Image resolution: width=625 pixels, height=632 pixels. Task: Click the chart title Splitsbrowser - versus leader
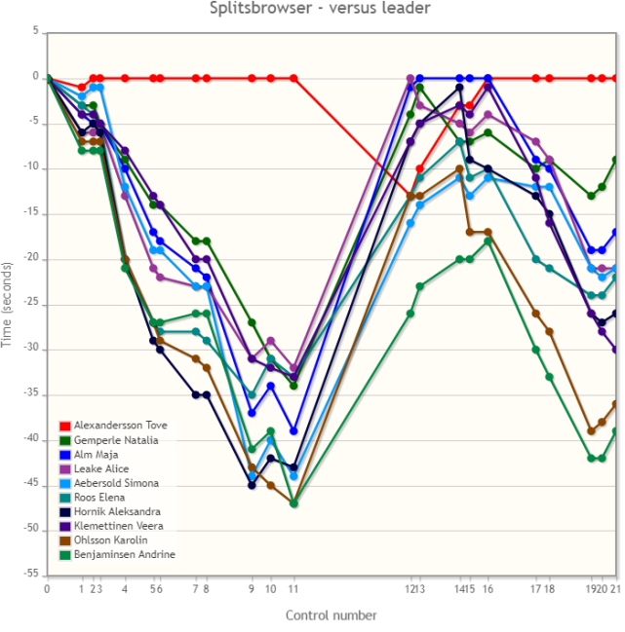tap(320, 9)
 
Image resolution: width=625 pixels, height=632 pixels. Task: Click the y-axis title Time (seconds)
tap(9, 304)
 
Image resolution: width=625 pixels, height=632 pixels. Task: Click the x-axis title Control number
tap(331, 614)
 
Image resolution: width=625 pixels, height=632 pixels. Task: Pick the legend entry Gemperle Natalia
tap(116, 440)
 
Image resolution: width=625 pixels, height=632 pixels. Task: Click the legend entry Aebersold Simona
tap(116, 483)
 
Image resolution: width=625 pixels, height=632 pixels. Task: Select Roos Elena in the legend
tap(100, 498)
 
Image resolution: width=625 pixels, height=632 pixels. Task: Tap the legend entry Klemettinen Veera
tap(118, 526)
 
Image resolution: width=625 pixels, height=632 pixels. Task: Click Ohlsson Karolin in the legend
tap(110, 540)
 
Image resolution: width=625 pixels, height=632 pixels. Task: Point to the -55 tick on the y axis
tap(33, 575)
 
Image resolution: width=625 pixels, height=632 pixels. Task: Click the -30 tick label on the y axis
tap(33, 349)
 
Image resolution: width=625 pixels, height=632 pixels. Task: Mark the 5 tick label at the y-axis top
tap(36, 32)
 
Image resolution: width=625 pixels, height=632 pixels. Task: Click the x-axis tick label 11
tap(293, 589)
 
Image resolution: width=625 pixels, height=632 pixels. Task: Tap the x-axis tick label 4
tap(125, 589)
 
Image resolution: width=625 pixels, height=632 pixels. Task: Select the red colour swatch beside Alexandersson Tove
tap(64, 426)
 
